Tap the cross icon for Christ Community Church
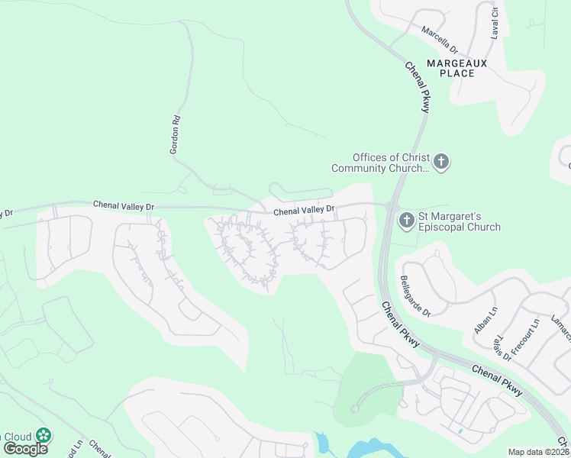(x=441, y=162)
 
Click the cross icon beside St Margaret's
(x=407, y=221)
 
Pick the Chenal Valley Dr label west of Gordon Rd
(x=124, y=205)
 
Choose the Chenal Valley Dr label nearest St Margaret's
(x=304, y=209)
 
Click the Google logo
(x=25, y=447)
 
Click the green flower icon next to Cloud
(x=44, y=436)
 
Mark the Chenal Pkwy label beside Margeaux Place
(x=418, y=87)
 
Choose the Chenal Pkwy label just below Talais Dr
(x=497, y=380)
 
